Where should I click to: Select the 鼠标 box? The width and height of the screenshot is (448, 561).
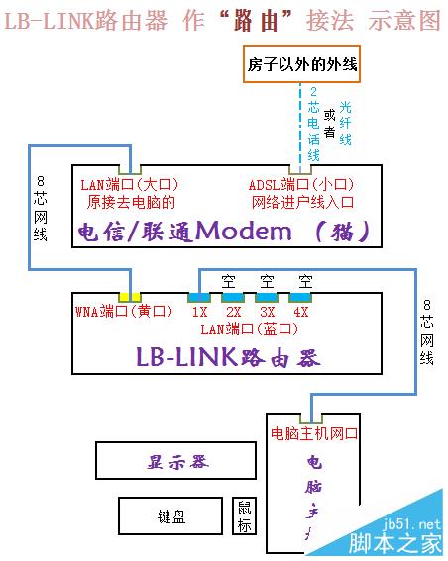[x=244, y=516]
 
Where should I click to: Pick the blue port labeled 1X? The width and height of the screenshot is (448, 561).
[x=199, y=297]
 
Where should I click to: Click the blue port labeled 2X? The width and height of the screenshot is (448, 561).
[x=233, y=297]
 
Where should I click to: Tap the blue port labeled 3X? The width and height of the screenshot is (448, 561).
[x=266, y=297]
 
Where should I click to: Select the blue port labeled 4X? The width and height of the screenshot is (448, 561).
[x=300, y=297]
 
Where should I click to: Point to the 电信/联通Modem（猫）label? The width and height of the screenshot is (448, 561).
[x=225, y=232]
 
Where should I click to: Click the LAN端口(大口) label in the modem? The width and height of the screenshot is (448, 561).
[x=129, y=184]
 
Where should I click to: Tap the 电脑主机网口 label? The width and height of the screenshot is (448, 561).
[x=314, y=433]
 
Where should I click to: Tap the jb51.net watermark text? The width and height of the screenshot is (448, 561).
[x=415, y=523]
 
